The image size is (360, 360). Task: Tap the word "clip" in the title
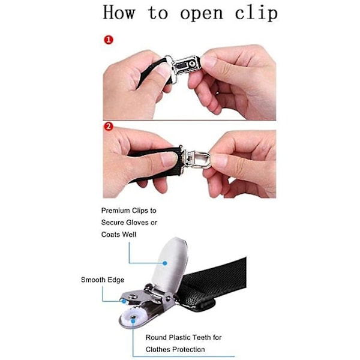click(256, 13)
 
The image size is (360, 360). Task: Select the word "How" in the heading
click(119, 12)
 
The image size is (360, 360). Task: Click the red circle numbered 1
click(109, 40)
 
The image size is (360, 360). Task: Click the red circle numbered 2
click(109, 126)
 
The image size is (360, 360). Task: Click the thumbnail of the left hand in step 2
click(169, 159)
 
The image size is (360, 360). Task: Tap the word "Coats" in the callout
click(110, 235)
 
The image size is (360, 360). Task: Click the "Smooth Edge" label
click(103, 280)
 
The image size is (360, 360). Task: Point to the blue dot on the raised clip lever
click(165, 263)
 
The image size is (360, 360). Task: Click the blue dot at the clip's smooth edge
click(124, 301)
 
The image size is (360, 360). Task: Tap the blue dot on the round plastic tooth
click(133, 321)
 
